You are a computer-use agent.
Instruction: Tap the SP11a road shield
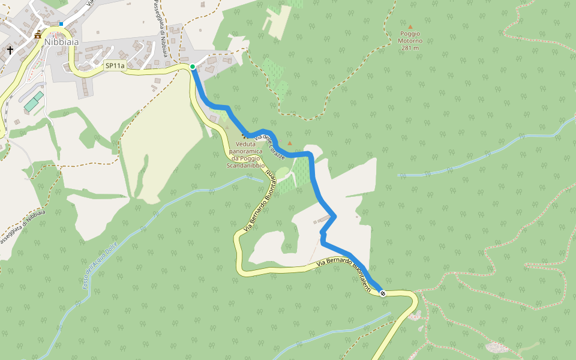[x=115, y=65]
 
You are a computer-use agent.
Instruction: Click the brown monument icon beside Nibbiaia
[x=38, y=34]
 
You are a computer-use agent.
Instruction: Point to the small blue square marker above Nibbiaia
[x=61, y=24]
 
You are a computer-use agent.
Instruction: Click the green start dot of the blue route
[x=192, y=66]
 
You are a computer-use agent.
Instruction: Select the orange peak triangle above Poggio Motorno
[x=410, y=26]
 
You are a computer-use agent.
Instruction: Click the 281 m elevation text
[x=410, y=48]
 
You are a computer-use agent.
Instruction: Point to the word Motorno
[x=410, y=41]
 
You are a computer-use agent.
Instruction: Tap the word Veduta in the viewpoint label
[x=246, y=144]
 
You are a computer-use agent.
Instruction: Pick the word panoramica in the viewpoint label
[x=245, y=151]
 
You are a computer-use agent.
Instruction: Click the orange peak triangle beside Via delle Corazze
[x=290, y=143]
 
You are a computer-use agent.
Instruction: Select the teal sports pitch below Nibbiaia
[x=34, y=101]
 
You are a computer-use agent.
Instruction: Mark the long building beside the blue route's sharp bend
[x=323, y=218]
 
